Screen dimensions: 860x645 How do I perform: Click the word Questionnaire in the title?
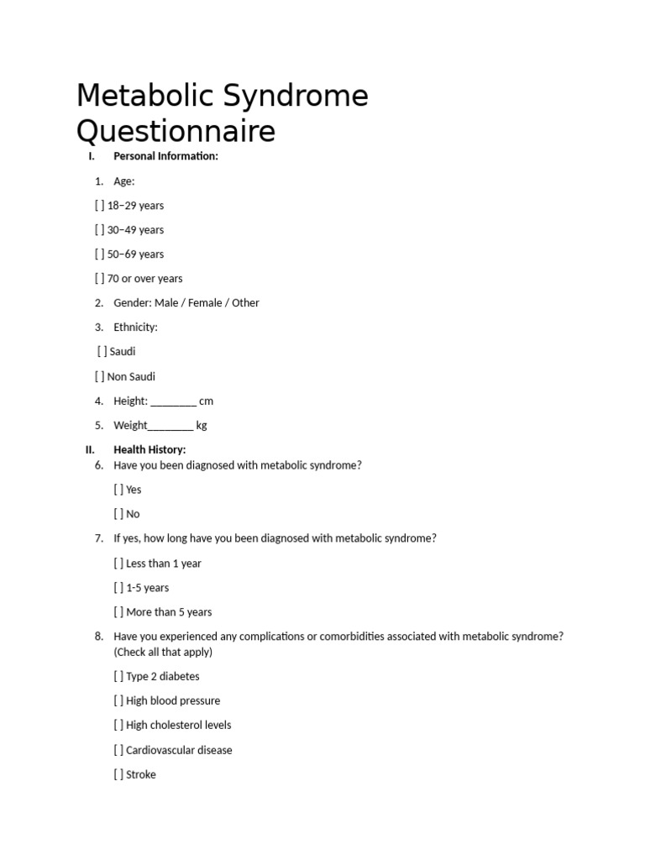(176, 132)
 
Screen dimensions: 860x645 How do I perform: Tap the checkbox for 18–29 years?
(100, 206)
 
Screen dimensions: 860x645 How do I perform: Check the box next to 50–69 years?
(100, 254)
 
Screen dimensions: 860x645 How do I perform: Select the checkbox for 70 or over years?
(100, 279)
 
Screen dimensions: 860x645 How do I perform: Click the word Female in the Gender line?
(207, 303)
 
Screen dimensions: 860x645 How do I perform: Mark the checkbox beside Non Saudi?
(100, 377)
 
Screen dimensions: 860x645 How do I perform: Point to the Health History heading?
(149, 450)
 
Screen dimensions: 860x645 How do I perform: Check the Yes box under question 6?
(118, 490)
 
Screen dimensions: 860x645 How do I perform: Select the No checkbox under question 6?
(118, 514)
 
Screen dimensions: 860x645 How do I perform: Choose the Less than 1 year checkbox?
(118, 564)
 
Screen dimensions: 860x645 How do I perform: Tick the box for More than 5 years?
(118, 612)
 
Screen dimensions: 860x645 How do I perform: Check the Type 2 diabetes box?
(118, 676)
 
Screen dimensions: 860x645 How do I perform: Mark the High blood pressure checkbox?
(118, 700)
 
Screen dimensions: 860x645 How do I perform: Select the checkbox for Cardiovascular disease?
(118, 750)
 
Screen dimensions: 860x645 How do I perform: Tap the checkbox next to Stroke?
(118, 774)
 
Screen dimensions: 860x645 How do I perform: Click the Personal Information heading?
(165, 156)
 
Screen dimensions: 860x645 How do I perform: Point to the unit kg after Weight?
(202, 426)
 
